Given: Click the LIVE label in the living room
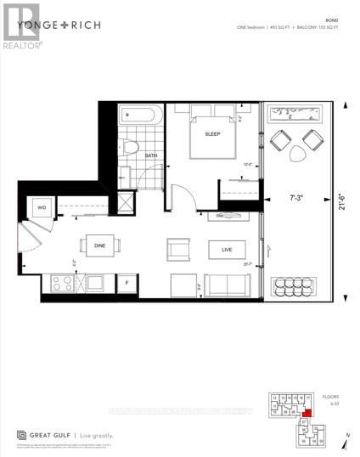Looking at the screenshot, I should coord(226,249).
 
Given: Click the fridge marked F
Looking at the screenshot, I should coord(127,281).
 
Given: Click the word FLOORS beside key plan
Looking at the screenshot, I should coord(329,396).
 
